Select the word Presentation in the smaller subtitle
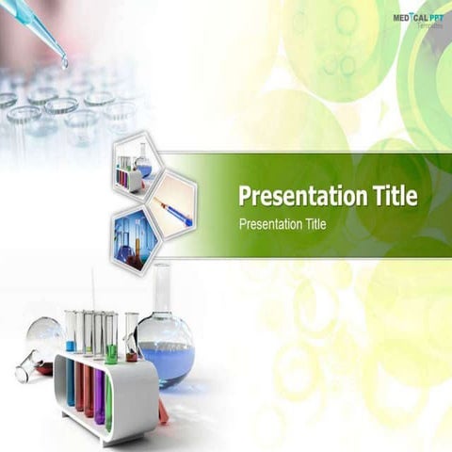tap(268, 224)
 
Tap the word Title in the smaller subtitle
tap(312, 224)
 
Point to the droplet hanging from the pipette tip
tap(64, 62)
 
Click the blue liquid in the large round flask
tap(168, 361)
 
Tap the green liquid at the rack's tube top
tap(111, 357)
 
